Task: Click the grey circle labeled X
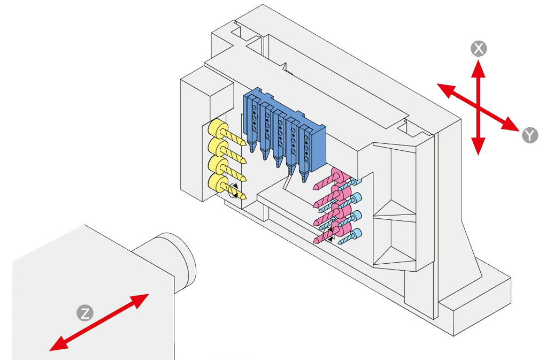479,49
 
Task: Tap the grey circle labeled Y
529,135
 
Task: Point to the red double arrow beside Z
99,322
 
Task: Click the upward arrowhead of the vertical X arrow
479,66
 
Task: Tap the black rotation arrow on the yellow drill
234,190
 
